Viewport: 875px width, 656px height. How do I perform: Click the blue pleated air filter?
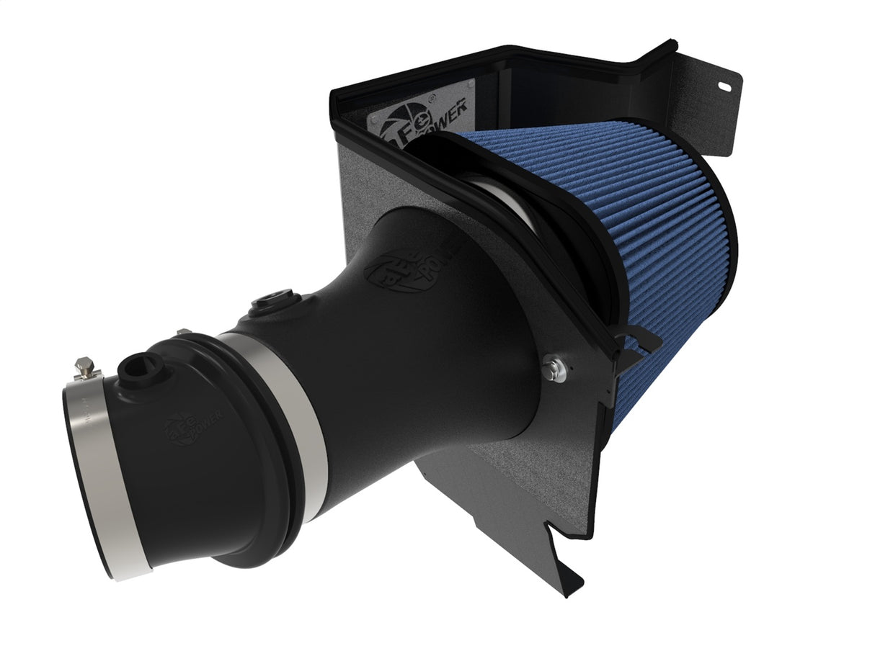[x=627, y=238]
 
